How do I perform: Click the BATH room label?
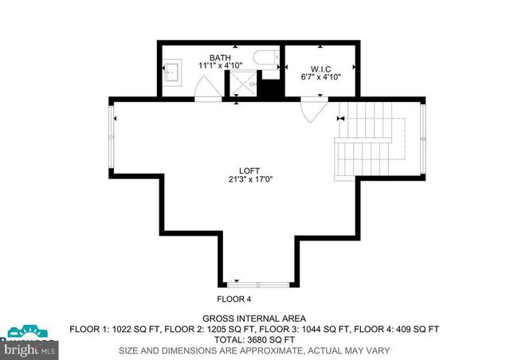coord(220,57)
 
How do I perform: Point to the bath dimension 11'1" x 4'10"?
coord(220,65)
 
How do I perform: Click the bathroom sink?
coord(173,72)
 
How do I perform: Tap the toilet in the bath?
coord(266,57)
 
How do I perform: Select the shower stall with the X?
coord(243,82)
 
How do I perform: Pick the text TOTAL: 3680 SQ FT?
coord(254,339)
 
